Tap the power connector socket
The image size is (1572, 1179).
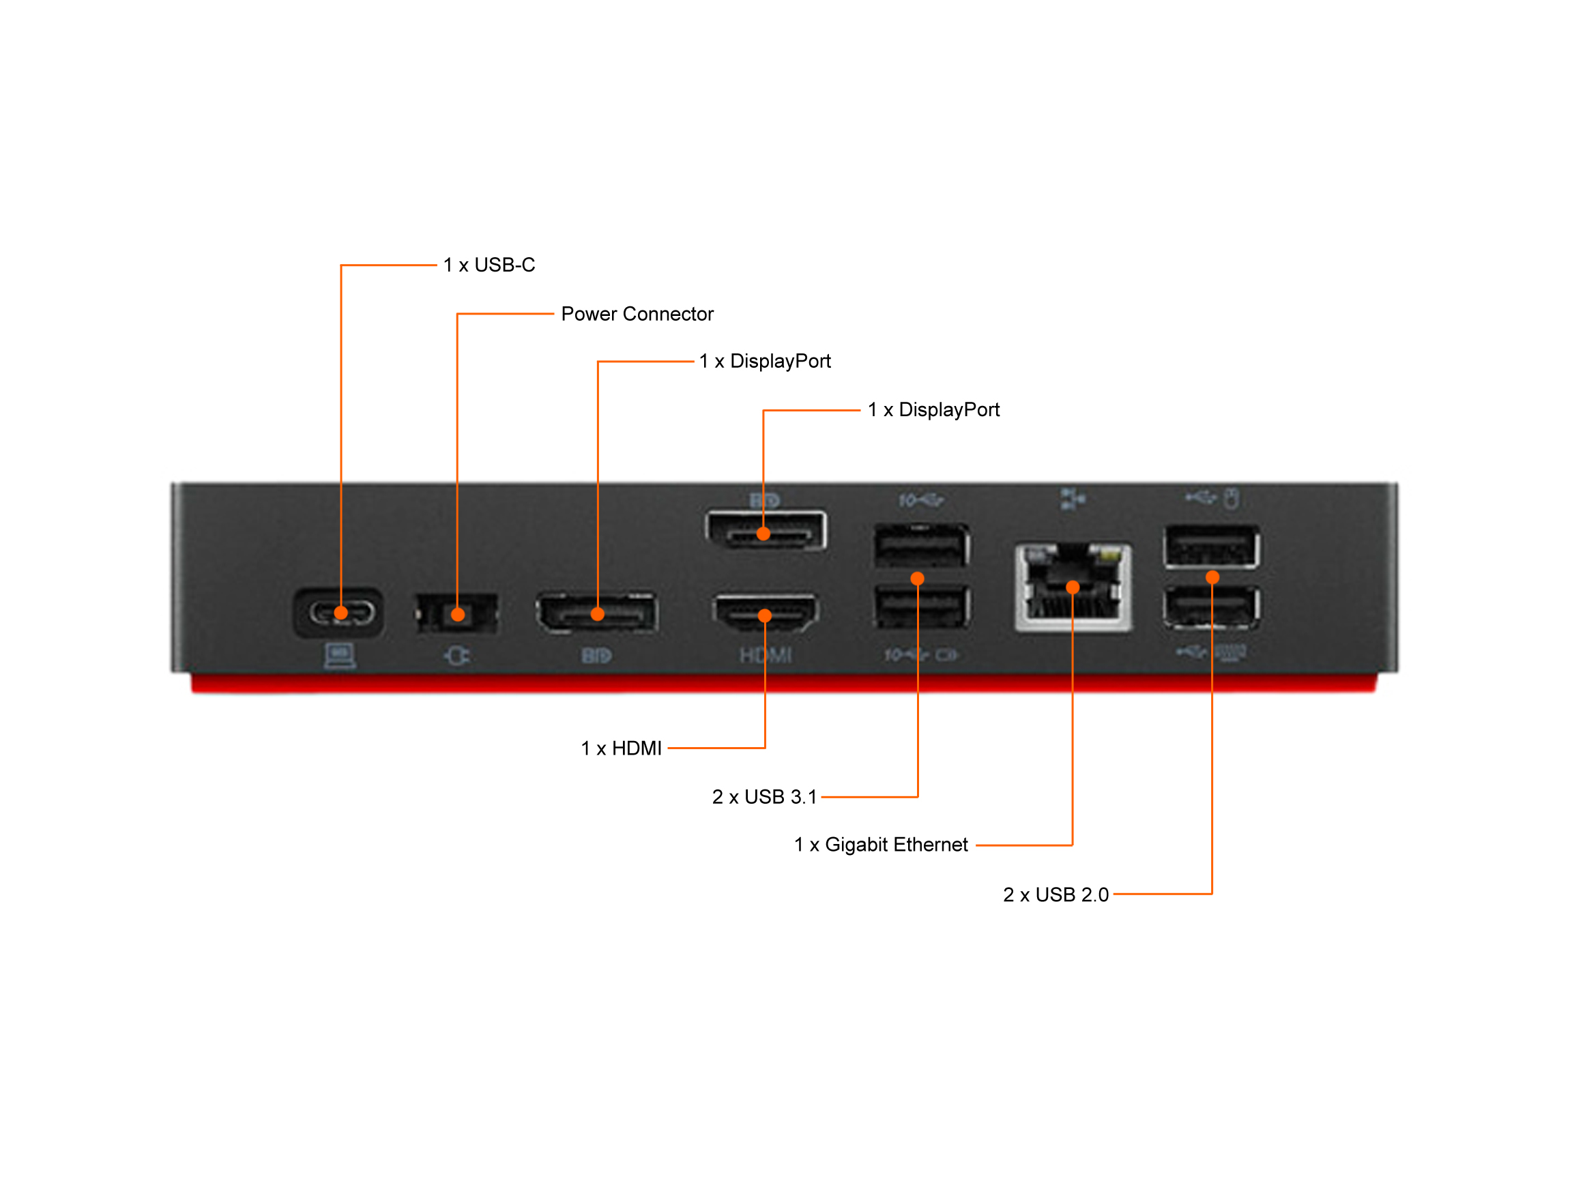(457, 613)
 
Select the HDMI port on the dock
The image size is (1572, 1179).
(766, 613)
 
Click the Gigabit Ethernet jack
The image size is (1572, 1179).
(1073, 587)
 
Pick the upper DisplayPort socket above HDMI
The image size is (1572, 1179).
(766, 530)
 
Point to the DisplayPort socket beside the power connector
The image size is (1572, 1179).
(597, 613)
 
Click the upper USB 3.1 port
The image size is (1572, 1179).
(922, 545)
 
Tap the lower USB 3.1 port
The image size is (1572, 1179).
(922, 606)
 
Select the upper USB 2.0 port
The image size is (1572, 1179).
(1212, 547)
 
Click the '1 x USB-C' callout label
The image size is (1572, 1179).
(489, 265)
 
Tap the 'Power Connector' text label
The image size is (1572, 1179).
(637, 314)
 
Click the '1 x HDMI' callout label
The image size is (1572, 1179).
(621, 748)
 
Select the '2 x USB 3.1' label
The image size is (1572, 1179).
(765, 797)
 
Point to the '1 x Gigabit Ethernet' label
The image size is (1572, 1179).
(882, 844)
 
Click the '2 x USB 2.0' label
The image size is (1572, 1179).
(1056, 894)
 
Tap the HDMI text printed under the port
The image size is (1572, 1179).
(766, 655)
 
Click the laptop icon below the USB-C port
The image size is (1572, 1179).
(340, 656)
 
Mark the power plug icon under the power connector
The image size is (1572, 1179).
(456, 655)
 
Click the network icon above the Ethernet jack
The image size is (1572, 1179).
(1073, 499)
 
